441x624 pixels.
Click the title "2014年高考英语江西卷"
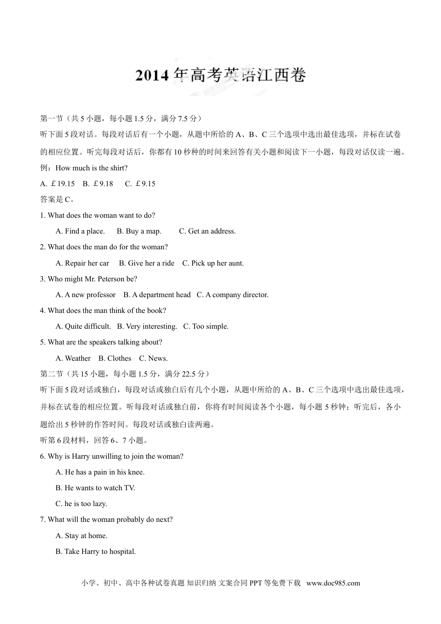coord(220,75)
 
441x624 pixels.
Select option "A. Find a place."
coord(80,231)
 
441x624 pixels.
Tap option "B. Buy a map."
coord(139,231)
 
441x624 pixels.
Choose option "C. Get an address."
coord(207,231)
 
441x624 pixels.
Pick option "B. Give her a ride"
coord(146,263)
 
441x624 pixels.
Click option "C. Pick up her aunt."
coord(213,263)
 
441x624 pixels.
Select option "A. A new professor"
coord(85,295)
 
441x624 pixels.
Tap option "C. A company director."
coord(232,295)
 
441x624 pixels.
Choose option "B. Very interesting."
coord(147,326)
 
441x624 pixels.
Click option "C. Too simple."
coord(206,326)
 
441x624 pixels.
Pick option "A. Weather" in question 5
coord(73,358)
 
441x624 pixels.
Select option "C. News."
coord(153,358)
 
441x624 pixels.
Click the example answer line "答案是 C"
coord(57,200)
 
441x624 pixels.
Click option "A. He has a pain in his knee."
coord(100,472)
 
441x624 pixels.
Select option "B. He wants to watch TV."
coord(95,488)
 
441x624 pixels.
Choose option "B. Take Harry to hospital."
coord(96,552)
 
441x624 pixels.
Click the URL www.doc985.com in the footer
coord(333,583)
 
